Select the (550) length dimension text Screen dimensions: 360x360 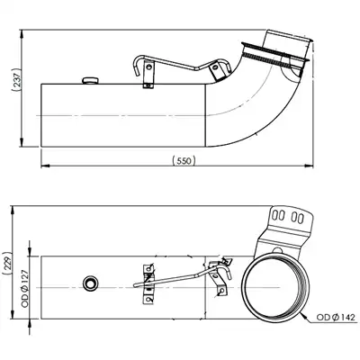184,160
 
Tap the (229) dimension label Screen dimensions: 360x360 6,264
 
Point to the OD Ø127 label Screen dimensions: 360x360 25,288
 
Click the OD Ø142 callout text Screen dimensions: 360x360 336,317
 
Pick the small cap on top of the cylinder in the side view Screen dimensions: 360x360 90,80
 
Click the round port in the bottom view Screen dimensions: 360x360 90,283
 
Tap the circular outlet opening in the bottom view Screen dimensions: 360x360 275,287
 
